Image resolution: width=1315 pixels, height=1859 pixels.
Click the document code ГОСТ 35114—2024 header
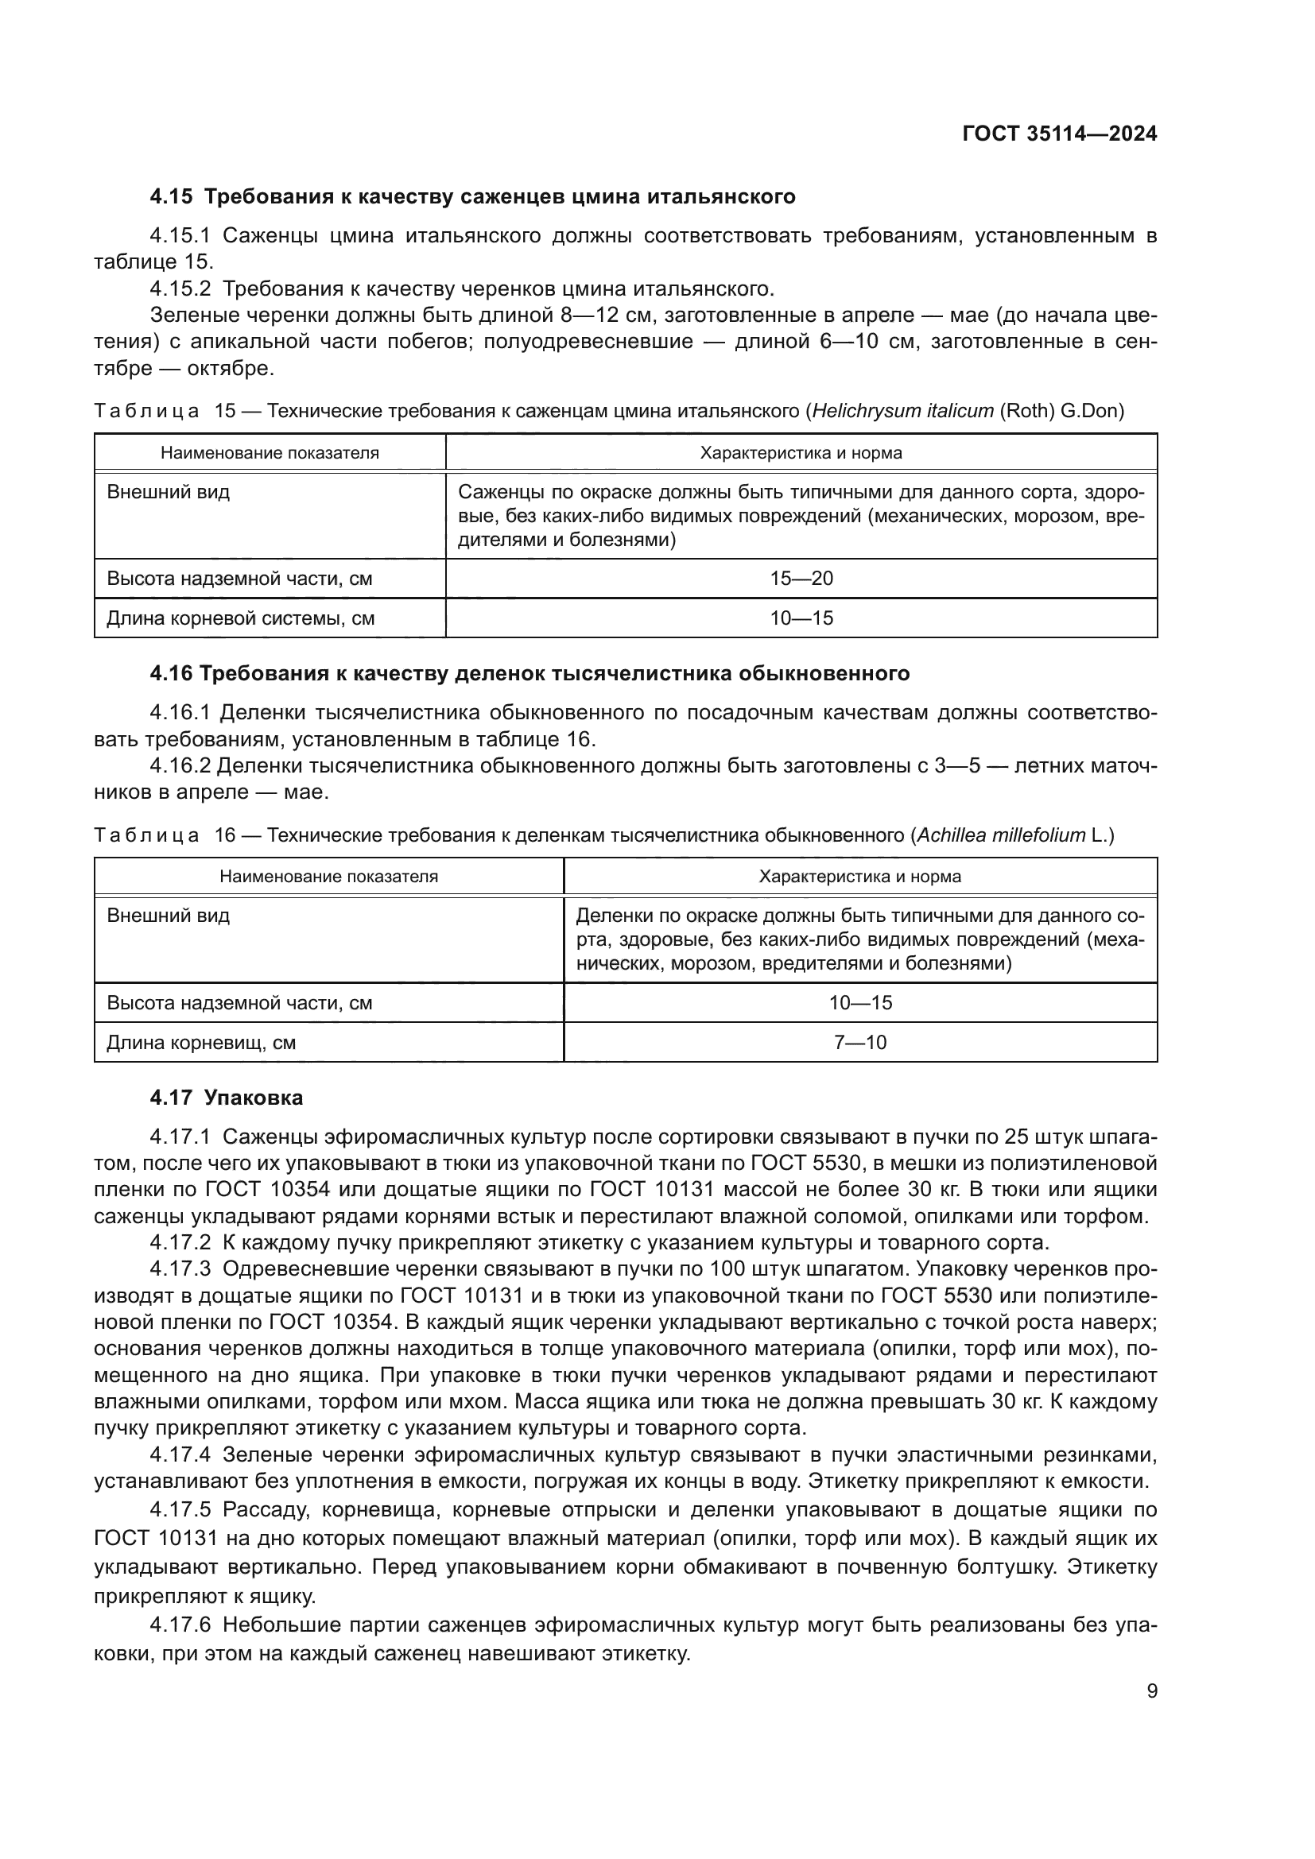[1059, 134]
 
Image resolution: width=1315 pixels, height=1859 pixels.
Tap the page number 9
[1151, 1691]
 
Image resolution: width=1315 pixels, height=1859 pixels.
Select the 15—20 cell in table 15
[801, 578]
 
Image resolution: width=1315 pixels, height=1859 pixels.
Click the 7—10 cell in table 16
[860, 1042]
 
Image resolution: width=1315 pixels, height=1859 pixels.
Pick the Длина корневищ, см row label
[201, 1043]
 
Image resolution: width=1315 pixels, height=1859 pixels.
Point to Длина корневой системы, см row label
[240, 618]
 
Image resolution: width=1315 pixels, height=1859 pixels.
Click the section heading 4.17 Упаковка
[226, 1098]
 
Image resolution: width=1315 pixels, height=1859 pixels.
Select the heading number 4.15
[172, 197]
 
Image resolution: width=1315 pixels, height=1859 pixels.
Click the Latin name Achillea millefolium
[1001, 835]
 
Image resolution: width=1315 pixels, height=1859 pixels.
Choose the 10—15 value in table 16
[860, 1002]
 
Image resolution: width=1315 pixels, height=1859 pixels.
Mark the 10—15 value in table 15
[801, 618]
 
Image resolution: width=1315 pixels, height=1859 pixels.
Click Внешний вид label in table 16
[169, 916]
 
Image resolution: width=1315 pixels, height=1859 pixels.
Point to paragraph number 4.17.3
[180, 1268]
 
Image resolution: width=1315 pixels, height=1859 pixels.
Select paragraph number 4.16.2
[180, 765]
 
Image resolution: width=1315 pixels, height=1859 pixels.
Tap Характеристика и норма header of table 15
[801, 452]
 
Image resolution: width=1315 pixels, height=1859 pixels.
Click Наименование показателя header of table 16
[329, 876]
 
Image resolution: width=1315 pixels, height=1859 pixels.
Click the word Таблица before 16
[146, 835]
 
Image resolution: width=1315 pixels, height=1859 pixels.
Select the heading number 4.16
[172, 674]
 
